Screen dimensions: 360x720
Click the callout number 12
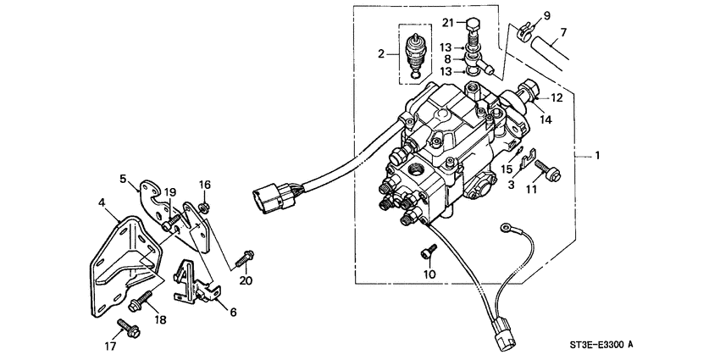point(557,98)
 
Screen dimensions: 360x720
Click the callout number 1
point(598,156)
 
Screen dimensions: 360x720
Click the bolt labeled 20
point(246,254)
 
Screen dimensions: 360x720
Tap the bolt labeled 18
point(145,296)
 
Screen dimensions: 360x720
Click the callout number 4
point(102,203)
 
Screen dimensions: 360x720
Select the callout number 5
point(123,179)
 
